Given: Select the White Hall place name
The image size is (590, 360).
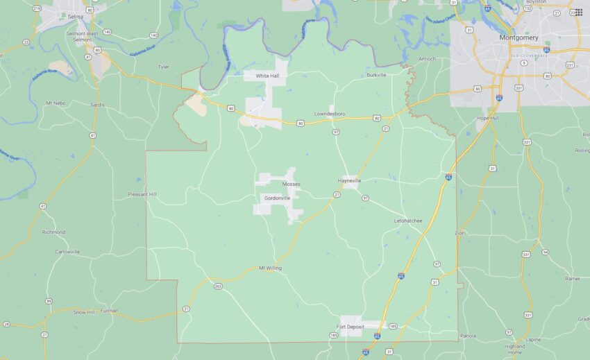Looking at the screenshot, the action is pos(267,76).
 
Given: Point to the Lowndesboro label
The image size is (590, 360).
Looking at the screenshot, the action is pos(330,113).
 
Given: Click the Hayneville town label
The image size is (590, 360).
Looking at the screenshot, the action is pos(350,180).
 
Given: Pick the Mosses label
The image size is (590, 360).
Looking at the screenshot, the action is pos(292,184).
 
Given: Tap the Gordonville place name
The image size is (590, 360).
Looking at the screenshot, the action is pos(277,198).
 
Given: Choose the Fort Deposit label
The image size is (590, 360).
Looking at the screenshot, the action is pos(351,326).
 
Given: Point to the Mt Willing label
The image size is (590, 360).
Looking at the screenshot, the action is pos(270,268).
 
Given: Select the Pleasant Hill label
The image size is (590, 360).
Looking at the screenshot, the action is pos(142,194).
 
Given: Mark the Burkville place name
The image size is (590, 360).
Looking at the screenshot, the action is pos(376,75).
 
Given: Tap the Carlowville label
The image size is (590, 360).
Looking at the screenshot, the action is pos(67,252).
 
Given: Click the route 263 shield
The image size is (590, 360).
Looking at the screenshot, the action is pos(218,285).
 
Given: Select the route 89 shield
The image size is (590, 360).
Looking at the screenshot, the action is pos(49,300).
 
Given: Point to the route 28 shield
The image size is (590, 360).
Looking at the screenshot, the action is pos(6,324).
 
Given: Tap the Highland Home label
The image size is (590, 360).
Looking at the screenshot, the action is pos(514,349).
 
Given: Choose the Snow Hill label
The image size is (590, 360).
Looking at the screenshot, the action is pos(84,312).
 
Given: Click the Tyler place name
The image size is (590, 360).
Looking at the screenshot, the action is pos(163,67).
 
